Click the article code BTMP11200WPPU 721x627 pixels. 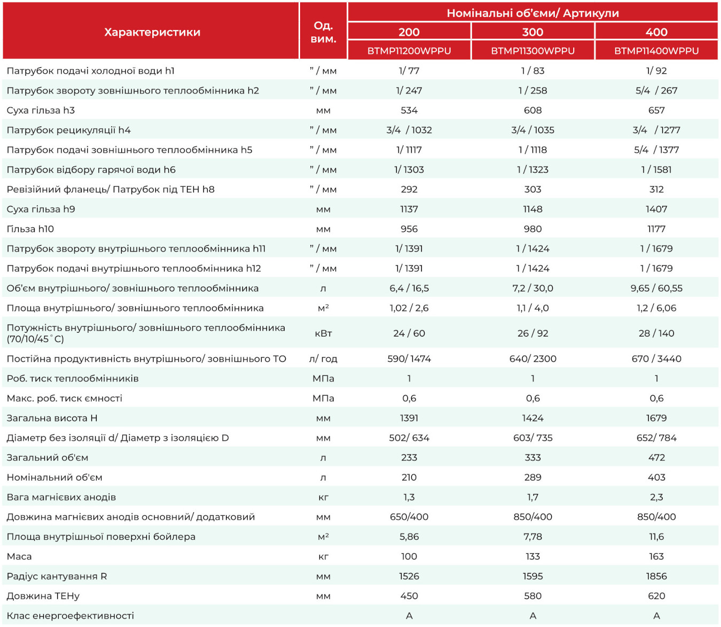(x=409, y=51)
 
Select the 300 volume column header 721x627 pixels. (x=532, y=32)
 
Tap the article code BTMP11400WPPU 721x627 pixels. (x=656, y=51)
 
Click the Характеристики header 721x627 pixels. (x=152, y=32)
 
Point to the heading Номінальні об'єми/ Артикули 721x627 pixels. (x=532, y=13)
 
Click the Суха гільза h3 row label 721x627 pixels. (x=41, y=110)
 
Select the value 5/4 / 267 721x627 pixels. (x=656, y=91)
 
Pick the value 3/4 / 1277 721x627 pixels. (x=656, y=130)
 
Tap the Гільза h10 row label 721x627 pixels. (x=30, y=229)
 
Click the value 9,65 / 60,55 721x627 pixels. (x=656, y=288)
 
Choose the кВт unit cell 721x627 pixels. (x=323, y=333)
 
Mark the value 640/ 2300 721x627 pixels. (x=532, y=358)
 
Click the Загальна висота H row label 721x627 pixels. (x=52, y=418)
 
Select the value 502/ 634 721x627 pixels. (x=409, y=438)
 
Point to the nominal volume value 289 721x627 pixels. (x=532, y=477)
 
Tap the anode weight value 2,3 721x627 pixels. (x=656, y=497)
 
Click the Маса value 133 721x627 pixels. (x=532, y=556)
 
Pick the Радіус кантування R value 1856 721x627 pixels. (x=656, y=576)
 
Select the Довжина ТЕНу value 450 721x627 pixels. (x=409, y=595)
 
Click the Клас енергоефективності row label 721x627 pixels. (x=70, y=615)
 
